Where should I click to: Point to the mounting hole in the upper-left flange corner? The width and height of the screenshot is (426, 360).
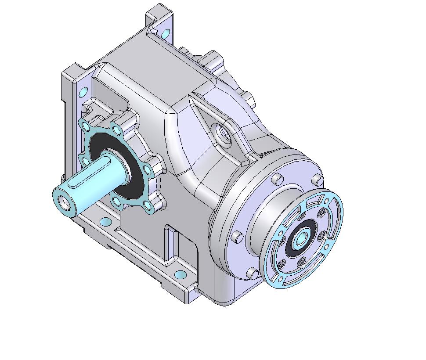83,93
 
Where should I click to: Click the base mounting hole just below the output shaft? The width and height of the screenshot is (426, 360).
105,221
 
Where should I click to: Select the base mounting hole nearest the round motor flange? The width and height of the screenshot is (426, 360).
180,275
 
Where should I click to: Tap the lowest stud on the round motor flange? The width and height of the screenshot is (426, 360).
253,274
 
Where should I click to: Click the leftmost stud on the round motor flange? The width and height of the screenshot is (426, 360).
238,237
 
